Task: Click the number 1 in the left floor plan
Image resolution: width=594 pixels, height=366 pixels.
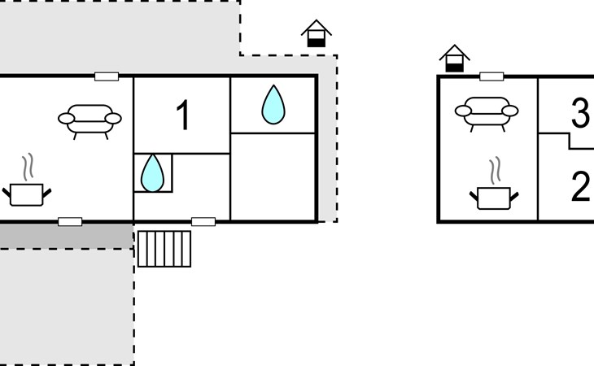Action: pos(183,115)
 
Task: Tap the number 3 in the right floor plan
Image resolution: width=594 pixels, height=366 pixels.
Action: pos(581,113)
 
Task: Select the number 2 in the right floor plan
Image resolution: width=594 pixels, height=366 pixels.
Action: pos(580,185)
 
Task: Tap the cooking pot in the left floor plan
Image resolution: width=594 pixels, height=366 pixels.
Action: pos(27,195)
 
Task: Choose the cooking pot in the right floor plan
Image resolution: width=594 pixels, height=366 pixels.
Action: pos(494,198)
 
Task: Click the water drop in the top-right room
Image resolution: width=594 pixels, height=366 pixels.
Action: pos(273,105)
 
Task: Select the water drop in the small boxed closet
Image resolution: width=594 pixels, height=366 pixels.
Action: pos(152,173)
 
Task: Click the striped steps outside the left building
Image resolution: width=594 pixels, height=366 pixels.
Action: pos(164,249)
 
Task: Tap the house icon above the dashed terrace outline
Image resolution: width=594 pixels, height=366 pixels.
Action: pos(317,33)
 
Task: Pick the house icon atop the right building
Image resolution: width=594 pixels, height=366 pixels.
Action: pos(454,59)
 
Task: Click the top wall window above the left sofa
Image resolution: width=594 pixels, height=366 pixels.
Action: pos(107,76)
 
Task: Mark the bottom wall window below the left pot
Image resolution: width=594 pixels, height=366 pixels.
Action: pos(70,222)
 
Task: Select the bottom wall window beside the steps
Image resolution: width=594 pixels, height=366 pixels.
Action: pos(203,222)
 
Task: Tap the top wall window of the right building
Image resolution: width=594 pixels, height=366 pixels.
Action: pos(491,76)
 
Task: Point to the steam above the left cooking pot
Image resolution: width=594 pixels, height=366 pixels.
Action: pos(28,167)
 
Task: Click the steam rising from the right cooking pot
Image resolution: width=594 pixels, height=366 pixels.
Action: pos(495,171)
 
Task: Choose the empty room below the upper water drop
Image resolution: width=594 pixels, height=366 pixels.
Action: pos(273,176)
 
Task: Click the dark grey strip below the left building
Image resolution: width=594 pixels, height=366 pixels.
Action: pos(66,236)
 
